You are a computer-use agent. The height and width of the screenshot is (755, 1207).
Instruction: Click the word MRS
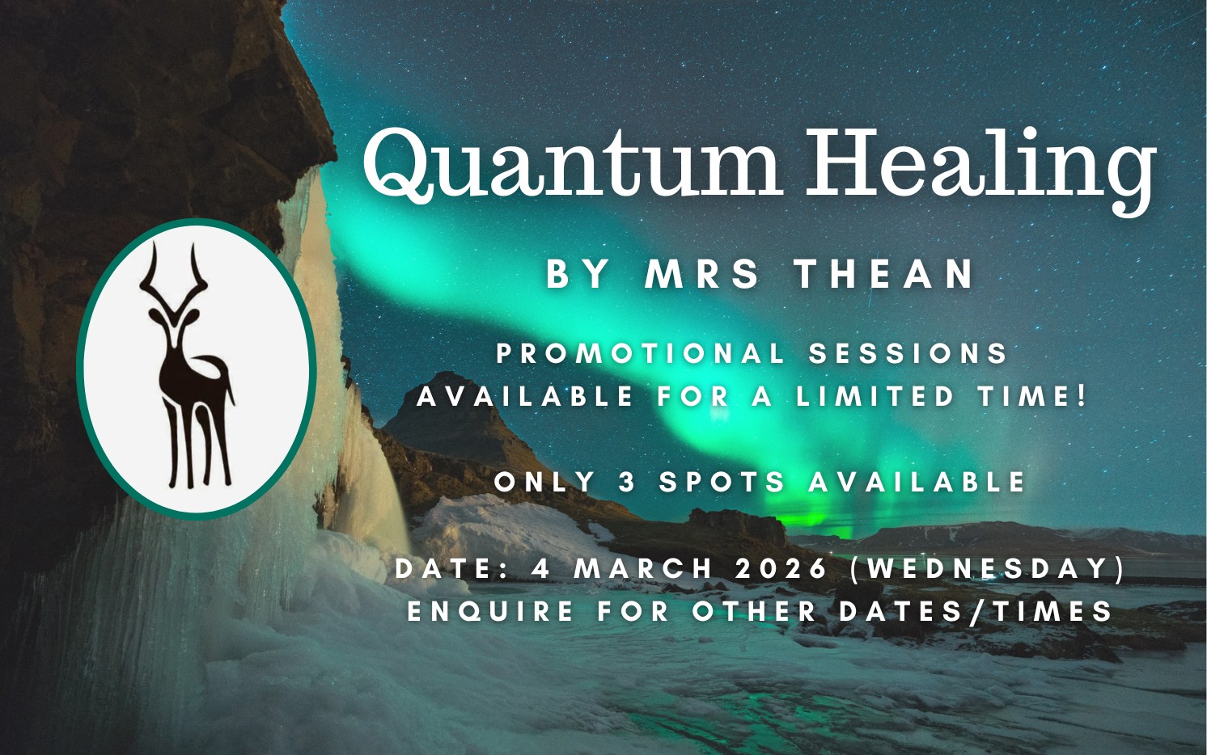[x=702, y=273]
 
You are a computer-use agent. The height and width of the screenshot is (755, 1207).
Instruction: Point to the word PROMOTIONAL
[x=640, y=354]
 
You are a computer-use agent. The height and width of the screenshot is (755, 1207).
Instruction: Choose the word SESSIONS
[x=908, y=354]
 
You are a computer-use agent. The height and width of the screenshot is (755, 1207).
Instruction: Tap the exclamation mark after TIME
[x=1080, y=397]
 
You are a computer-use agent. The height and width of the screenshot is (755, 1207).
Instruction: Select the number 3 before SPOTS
[x=627, y=482]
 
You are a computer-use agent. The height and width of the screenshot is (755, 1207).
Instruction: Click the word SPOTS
[x=722, y=482]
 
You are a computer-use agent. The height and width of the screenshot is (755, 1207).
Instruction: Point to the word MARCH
[x=643, y=568]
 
